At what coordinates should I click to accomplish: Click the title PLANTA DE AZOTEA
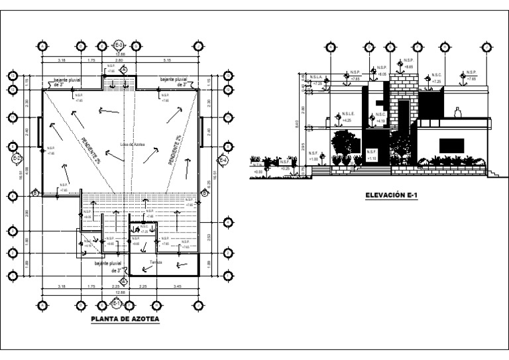pyautogui.click(x=125, y=319)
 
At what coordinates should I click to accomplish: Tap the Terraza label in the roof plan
pyautogui.click(x=156, y=261)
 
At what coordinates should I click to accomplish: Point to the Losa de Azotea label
pyautogui.click(x=133, y=143)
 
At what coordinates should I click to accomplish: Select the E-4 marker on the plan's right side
pyautogui.click(x=225, y=159)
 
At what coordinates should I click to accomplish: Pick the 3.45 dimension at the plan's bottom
pyautogui.click(x=176, y=286)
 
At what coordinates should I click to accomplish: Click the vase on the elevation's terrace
pyautogui.click(x=457, y=113)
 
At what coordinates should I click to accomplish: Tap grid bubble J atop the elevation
pyautogui.click(x=488, y=47)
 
